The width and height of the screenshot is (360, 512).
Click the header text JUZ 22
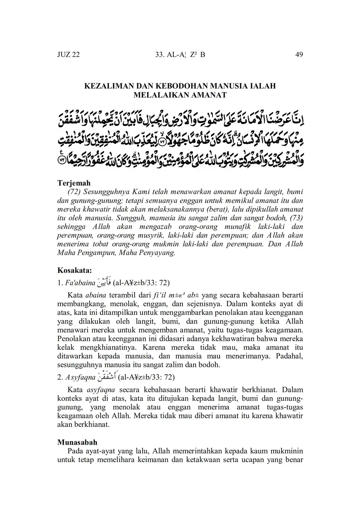pyautogui.click(x=68, y=54)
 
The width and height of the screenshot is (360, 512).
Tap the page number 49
pyautogui.click(x=299, y=54)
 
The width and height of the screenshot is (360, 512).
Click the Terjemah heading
pyautogui.click(x=74, y=183)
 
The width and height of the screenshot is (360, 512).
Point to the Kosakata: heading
pyautogui.click(x=74, y=270)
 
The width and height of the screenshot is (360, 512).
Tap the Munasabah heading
pyautogui.click(x=77, y=442)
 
